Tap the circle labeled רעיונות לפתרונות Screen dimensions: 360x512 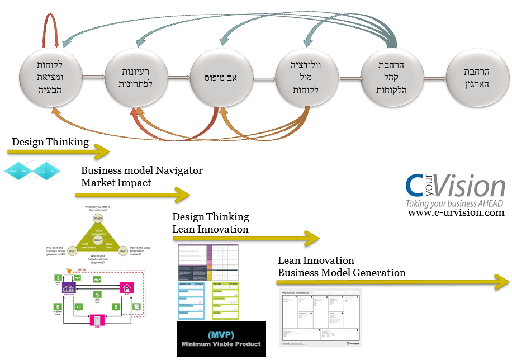(x=137, y=78)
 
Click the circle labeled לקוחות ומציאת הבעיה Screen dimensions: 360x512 (x=51, y=78)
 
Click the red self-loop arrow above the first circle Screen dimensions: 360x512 (x=51, y=28)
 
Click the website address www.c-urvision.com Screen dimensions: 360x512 (x=456, y=212)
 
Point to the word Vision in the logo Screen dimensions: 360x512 (x=471, y=186)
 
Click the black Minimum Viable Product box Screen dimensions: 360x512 (x=221, y=339)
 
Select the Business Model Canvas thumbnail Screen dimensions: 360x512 (x=320, y=317)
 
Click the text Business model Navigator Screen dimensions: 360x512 (x=141, y=170)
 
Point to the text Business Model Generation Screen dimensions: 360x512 (x=342, y=273)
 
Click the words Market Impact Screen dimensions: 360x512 (x=115, y=182)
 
